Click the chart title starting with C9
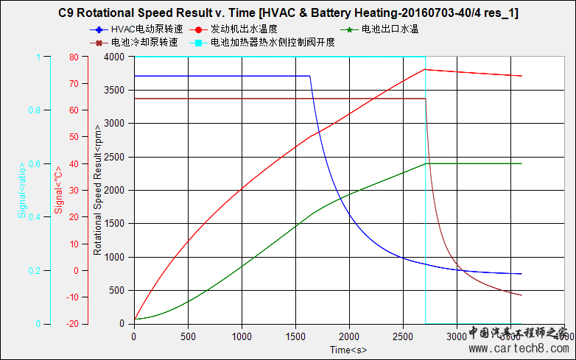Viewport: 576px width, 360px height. point(288,13)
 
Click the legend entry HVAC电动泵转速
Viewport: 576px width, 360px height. point(144,29)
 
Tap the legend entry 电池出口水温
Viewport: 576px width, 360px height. point(390,29)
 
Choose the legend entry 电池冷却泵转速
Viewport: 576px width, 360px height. point(144,43)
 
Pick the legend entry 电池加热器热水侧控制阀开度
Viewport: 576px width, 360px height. point(273,43)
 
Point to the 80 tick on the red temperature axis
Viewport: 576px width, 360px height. point(73,57)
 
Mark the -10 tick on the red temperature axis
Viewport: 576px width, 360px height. point(71,297)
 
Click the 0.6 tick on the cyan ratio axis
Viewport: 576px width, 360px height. point(35,163)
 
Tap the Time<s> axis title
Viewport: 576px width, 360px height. point(348,348)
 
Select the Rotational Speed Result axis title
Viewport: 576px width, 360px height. point(97,190)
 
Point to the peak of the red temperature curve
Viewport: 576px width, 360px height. point(425,69)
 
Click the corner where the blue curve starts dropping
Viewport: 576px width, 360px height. point(309,76)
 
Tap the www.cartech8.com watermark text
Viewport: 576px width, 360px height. point(517,348)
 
